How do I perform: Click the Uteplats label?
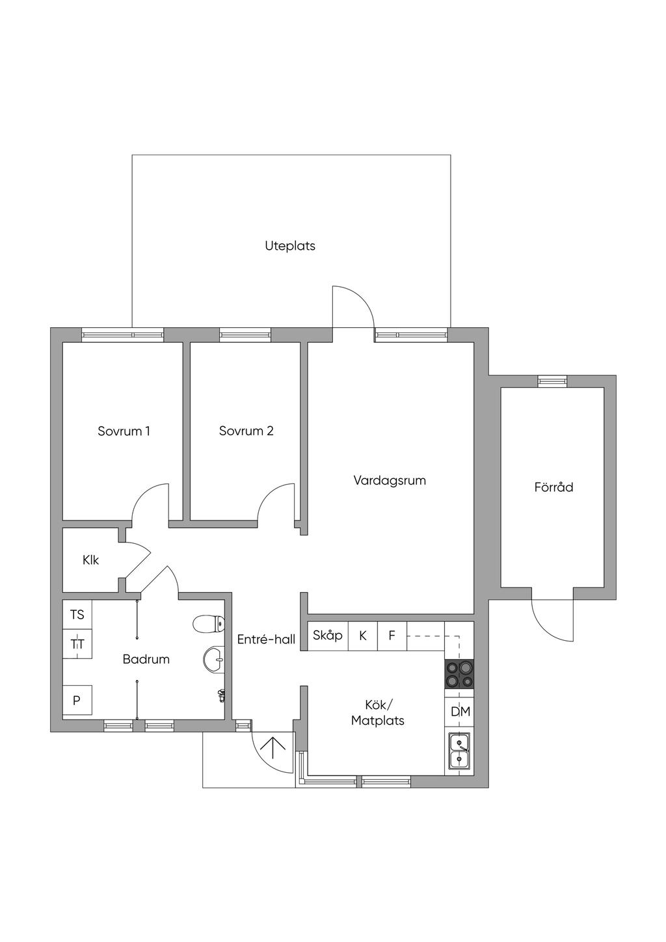[x=289, y=246]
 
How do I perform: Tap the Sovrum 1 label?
[x=124, y=431]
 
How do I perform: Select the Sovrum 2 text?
[x=246, y=431]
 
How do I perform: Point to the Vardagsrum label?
[x=390, y=481]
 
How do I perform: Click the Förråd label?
[x=553, y=487]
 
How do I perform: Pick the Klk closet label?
[x=90, y=560]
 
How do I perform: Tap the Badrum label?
[x=146, y=659]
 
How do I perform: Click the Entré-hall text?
[x=266, y=639]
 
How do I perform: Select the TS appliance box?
[x=77, y=614]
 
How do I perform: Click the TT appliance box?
[x=77, y=644]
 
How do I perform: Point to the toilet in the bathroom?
[x=208, y=623]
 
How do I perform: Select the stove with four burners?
[x=459, y=674]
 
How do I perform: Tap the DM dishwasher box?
[x=460, y=712]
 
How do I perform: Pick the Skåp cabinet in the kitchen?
[x=328, y=636]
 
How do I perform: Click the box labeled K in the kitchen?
[x=363, y=636]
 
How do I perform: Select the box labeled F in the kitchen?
[x=392, y=636]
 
